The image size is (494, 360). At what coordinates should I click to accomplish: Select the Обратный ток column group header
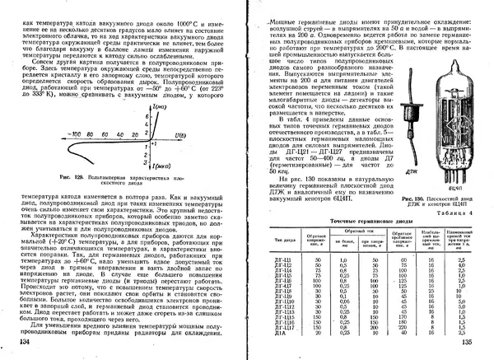[x=355, y=229]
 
